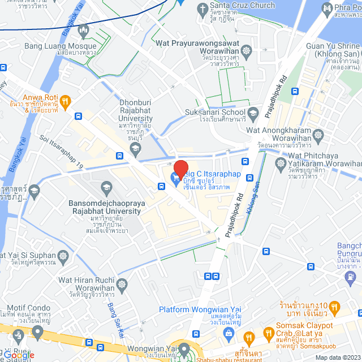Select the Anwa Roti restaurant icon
(65, 101)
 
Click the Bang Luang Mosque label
(54, 46)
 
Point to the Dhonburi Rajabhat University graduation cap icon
(135, 148)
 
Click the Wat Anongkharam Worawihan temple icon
(318, 136)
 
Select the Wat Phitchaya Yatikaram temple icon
(280, 165)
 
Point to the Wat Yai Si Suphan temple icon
(63, 256)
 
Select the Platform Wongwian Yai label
(200, 309)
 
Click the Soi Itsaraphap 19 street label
(62, 152)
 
